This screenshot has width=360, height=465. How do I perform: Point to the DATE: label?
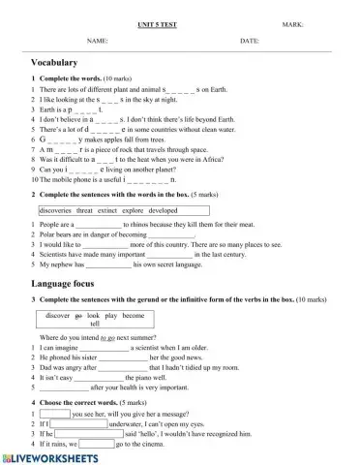[250, 42]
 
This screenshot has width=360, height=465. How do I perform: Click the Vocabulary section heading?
[54, 62]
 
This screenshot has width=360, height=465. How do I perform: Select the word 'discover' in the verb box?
[58, 316]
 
